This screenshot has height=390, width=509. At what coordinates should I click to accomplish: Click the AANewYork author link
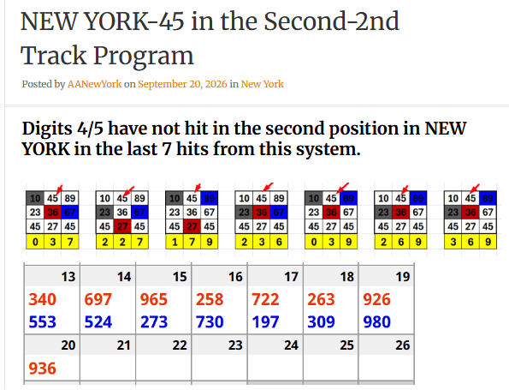(94, 84)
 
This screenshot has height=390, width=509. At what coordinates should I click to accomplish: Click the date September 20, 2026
(182, 84)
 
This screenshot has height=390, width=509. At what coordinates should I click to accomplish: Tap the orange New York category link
(263, 84)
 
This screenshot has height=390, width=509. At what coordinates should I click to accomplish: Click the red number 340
(43, 299)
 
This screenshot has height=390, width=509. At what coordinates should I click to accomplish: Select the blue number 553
(43, 322)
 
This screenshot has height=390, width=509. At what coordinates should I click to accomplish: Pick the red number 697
(98, 299)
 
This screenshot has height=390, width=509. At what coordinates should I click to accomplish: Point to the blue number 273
(154, 322)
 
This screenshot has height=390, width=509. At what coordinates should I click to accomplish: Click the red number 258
(210, 299)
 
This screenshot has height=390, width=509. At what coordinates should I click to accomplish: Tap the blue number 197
(265, 322)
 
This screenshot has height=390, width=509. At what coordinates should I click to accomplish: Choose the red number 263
(321, 299)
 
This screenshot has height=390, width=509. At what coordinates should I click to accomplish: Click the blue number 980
(377, 322)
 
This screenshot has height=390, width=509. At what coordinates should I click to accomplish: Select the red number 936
(43, 369)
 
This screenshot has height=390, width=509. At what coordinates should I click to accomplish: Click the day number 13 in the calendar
(68, 277)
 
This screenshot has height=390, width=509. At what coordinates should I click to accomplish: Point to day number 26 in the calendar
(403, 345)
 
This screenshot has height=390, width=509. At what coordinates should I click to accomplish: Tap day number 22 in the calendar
(180, 345)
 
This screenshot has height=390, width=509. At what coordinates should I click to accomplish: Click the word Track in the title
(54, 56)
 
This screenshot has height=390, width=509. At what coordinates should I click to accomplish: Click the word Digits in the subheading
(47, 129)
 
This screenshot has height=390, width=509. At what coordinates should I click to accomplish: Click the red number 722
(265, 299)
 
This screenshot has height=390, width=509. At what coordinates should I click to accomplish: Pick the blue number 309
(321, 322)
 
